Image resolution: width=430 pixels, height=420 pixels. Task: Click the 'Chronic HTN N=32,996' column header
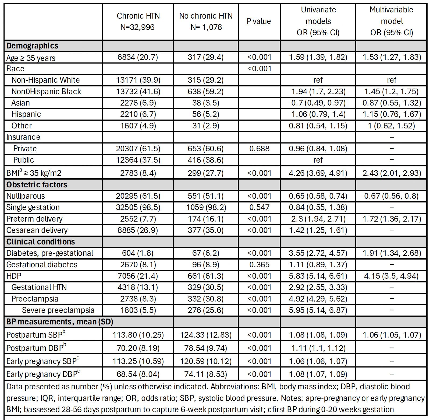pyautogui.click(x=138, y=22)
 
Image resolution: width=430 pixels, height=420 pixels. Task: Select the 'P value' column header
pyautogui.click(x=259, y=22)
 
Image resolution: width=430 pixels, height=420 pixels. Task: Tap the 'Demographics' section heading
pyautogui.click(x=32, y=46)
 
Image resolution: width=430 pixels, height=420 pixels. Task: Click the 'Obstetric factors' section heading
pyautogui.click(x=37, y=185)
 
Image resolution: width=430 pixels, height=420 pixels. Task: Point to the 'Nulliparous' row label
pyautogui.click(x=26, y=196)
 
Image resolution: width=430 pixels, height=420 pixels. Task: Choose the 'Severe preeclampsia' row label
pyautogui.click(x=58, y=310)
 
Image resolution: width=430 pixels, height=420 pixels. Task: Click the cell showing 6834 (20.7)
pyautogui.click(x=138, y=57)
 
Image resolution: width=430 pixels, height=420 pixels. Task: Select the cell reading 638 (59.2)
pyautogui.click(x=205, y=92)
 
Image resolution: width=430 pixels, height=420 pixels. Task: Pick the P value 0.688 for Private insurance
pyautogui.click(x=259, y=149)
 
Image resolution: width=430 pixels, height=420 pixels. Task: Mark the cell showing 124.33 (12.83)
pyautogui.click(x=206, y=335)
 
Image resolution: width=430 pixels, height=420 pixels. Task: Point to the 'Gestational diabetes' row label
pyautogui.click(x=42, y=265)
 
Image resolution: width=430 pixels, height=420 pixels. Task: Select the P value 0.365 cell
pyautogui.click(x=259, y=265)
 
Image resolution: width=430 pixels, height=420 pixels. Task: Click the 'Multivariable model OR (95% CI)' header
pyautogui.click(x=392, y=22)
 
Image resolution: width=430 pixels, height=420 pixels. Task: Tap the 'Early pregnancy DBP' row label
pyautogui.click(x=43, y=374)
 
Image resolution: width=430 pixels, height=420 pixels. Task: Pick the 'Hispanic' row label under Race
pyautogui.click(x=26, y=114)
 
